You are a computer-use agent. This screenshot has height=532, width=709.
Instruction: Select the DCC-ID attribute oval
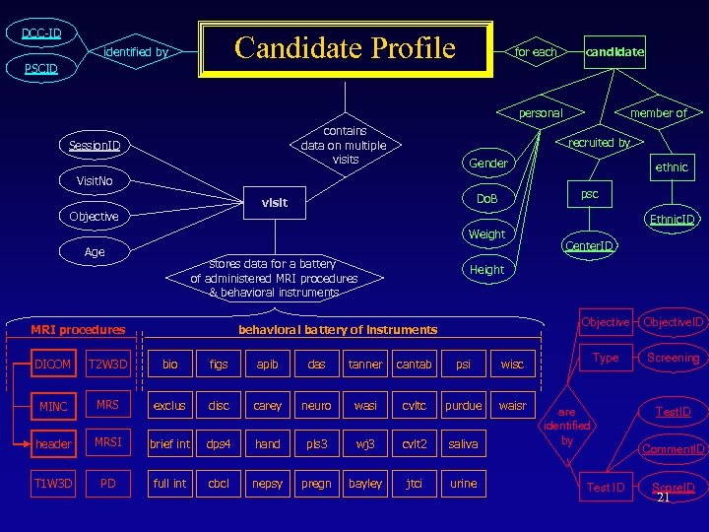click(x=41, y=33)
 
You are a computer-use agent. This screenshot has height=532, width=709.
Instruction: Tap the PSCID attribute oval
click(x=41, y=69)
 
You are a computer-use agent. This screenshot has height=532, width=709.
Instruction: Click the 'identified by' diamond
click(x=136, y=51)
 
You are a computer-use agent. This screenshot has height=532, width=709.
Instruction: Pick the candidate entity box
click(x=614, y=51)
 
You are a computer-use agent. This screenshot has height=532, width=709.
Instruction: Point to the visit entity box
click(x=274, y=203)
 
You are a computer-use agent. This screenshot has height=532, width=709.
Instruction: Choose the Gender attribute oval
click(x=488, y=163)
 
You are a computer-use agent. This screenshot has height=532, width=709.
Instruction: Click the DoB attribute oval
click(x=487, y=199)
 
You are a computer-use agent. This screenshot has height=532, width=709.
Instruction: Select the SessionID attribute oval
click(x=95, y=146)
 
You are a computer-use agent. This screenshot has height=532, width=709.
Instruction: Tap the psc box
click(x=589, y=195)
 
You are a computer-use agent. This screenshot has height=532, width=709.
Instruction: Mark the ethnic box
click(x=672, y=166)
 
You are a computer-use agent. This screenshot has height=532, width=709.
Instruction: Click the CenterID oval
click(x=589, y=245)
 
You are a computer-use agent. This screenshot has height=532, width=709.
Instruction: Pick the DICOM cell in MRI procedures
click(x=52, y=365)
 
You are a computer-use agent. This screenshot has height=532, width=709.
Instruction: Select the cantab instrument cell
click(x=414, y=365)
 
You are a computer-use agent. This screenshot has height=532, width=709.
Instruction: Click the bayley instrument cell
click(x=365, y=485)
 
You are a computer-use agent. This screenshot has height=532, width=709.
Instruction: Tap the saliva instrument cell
click(x=463, y=444)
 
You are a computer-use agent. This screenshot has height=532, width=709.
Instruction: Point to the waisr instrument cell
click(x=512, y=405)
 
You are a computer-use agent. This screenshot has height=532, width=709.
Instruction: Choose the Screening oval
click(x=674, y=358)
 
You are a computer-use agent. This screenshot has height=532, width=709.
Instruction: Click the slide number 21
click(x=663, y=498)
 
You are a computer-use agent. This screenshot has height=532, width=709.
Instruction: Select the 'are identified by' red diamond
click(x=566, y=426)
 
